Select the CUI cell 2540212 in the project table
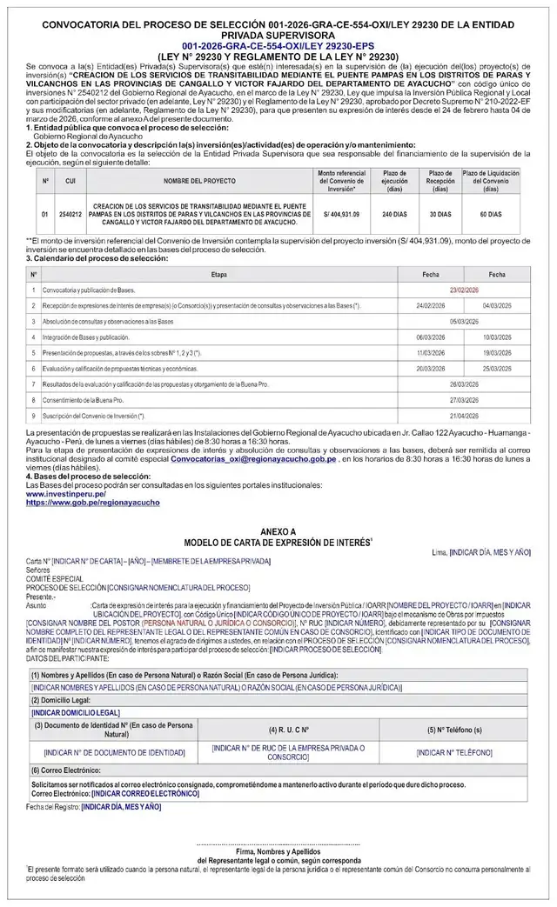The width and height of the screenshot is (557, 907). (x=70, y=213)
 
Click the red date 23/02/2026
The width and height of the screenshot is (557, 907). (x=465, y=289)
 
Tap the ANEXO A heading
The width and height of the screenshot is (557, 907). (x=278, y=530)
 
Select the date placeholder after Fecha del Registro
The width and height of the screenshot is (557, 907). (x=121, y=806)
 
